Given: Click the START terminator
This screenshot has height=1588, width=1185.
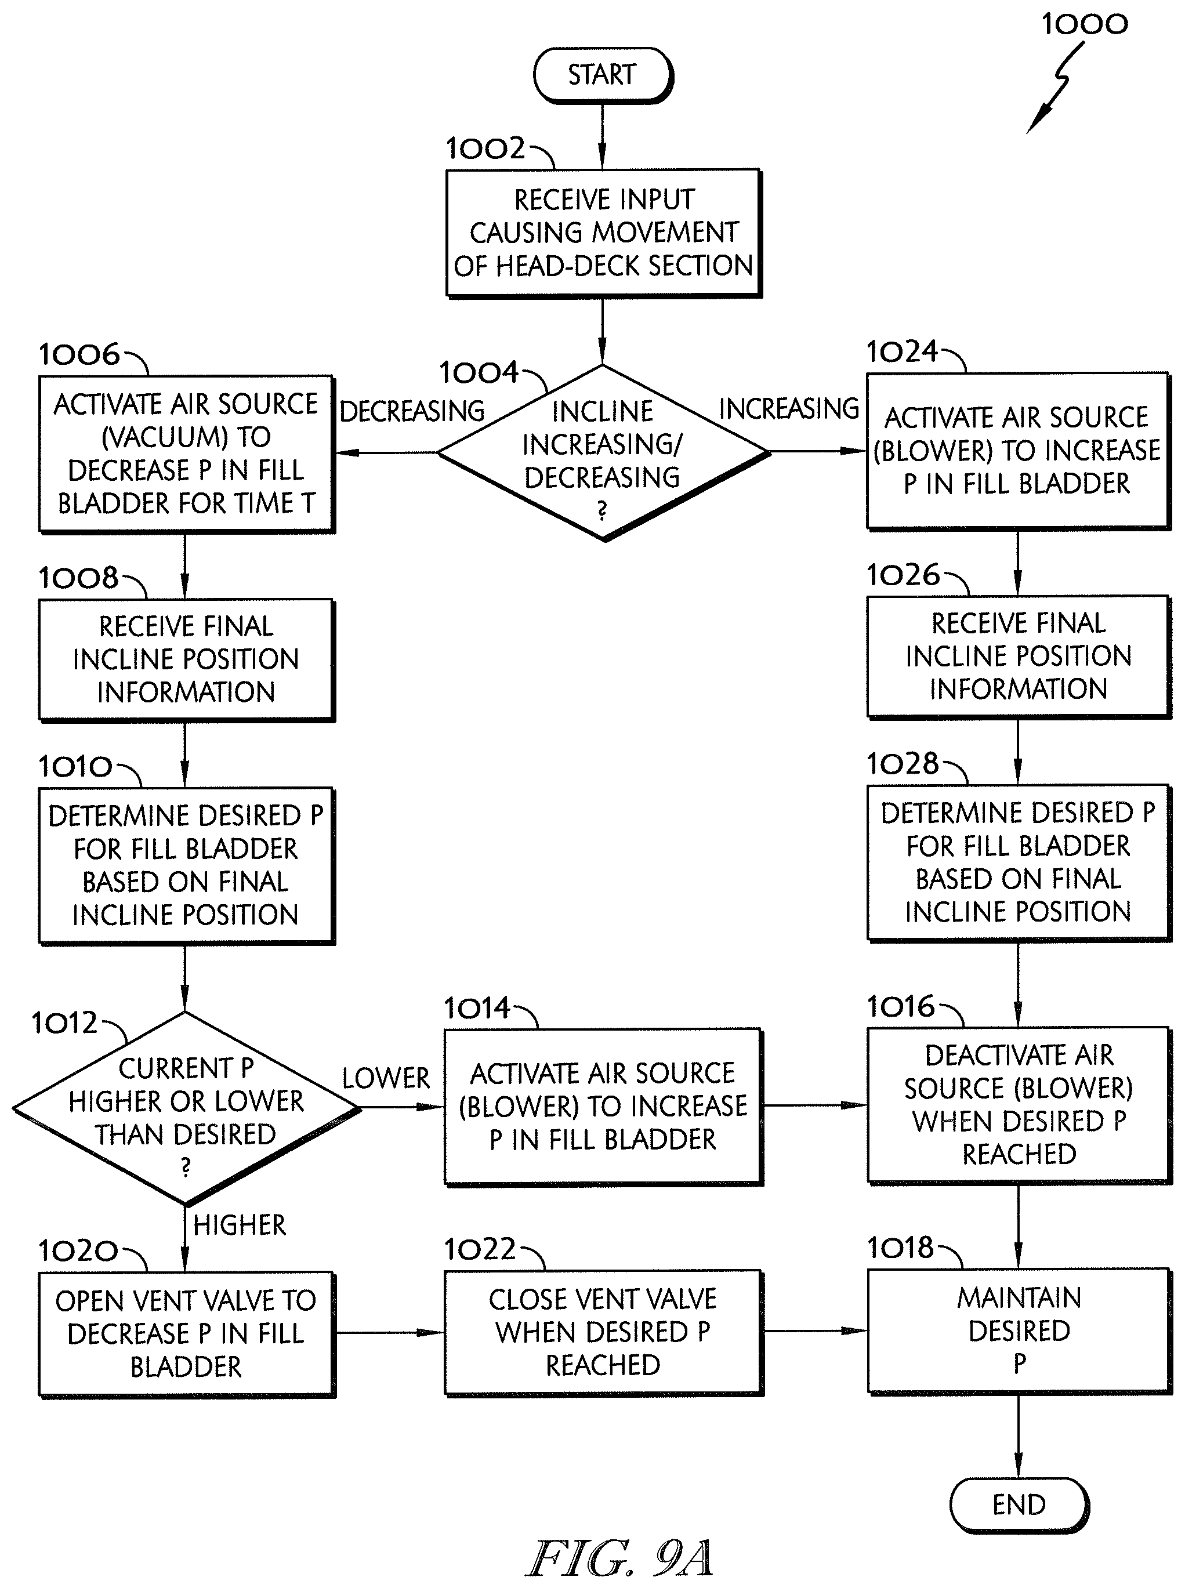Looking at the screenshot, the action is pos(603,75).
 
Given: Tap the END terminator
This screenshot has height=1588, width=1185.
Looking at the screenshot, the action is pos(1019,1504).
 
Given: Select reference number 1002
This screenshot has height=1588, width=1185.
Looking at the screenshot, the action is pos(485,148).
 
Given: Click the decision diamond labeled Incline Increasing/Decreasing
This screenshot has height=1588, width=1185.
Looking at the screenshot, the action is pos(603,452).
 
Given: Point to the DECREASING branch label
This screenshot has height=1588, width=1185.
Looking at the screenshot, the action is pos(412,411).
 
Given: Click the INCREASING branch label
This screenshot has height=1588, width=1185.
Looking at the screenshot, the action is pos(788,408).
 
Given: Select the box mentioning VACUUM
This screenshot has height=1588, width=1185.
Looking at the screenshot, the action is pos(187,454).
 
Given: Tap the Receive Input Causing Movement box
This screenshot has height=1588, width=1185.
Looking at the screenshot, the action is pos(603,233).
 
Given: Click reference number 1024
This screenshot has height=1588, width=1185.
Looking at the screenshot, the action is pos(903,351).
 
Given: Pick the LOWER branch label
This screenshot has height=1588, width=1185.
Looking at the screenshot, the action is pos(385,1078).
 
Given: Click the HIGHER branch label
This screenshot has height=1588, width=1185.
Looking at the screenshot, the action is pos(240,1225).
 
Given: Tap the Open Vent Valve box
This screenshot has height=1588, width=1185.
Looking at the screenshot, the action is pos(187,1334).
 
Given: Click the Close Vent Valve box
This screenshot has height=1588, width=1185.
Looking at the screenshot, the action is pos(603,1333).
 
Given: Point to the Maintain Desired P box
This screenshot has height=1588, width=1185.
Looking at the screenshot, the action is pos(1019,1331).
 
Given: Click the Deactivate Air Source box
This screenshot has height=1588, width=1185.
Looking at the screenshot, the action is pos(1019,1105).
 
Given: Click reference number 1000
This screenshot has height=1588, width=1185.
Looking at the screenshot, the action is pos(1085,24).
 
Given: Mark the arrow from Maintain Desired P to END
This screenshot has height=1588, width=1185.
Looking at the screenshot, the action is pos(1019,1436).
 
